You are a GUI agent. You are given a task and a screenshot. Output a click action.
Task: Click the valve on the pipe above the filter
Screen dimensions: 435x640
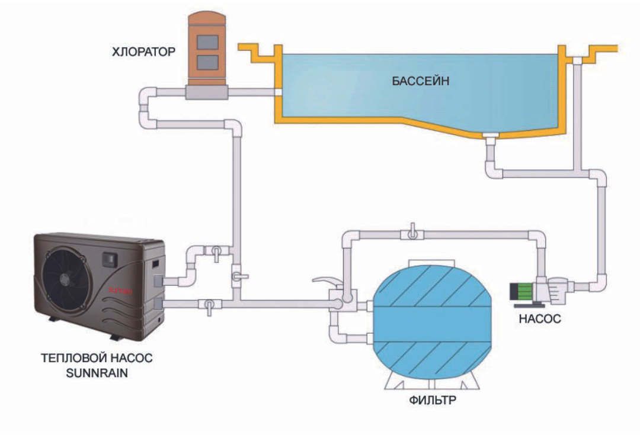point(411,233)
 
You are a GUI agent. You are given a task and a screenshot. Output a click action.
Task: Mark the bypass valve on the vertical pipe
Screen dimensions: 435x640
point(238,276)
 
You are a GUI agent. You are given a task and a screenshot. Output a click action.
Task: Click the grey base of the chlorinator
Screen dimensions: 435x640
point(206,92)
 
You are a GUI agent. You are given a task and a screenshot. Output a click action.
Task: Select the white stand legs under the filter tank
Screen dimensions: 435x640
point(432,382)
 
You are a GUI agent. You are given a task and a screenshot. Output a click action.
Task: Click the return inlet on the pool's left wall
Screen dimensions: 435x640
point(276,92)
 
